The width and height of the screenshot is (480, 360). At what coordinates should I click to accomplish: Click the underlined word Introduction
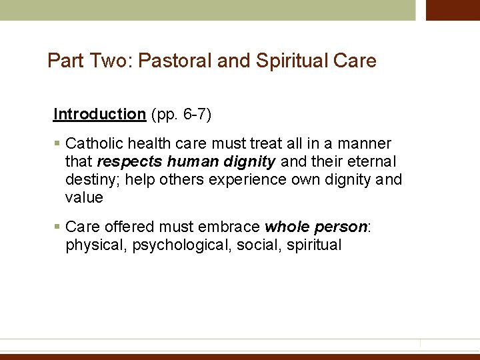(x=99, y=114)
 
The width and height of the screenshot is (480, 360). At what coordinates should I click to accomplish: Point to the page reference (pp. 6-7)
(x=181, y=114)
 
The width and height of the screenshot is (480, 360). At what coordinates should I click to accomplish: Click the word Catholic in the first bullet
(x=93, y=143)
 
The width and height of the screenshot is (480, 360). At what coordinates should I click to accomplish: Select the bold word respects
(x=129, y=161)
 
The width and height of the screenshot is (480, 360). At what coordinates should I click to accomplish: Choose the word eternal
(x=371, y=161)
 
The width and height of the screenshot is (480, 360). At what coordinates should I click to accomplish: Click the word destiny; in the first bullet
(x=92, y=179)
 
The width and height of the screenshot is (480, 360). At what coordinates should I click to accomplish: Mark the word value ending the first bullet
(x=84, y=197)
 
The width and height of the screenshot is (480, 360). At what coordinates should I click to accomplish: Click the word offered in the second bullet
(x=132, y=227)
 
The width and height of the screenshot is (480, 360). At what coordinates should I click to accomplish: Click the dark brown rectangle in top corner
(x=453, y=10)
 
